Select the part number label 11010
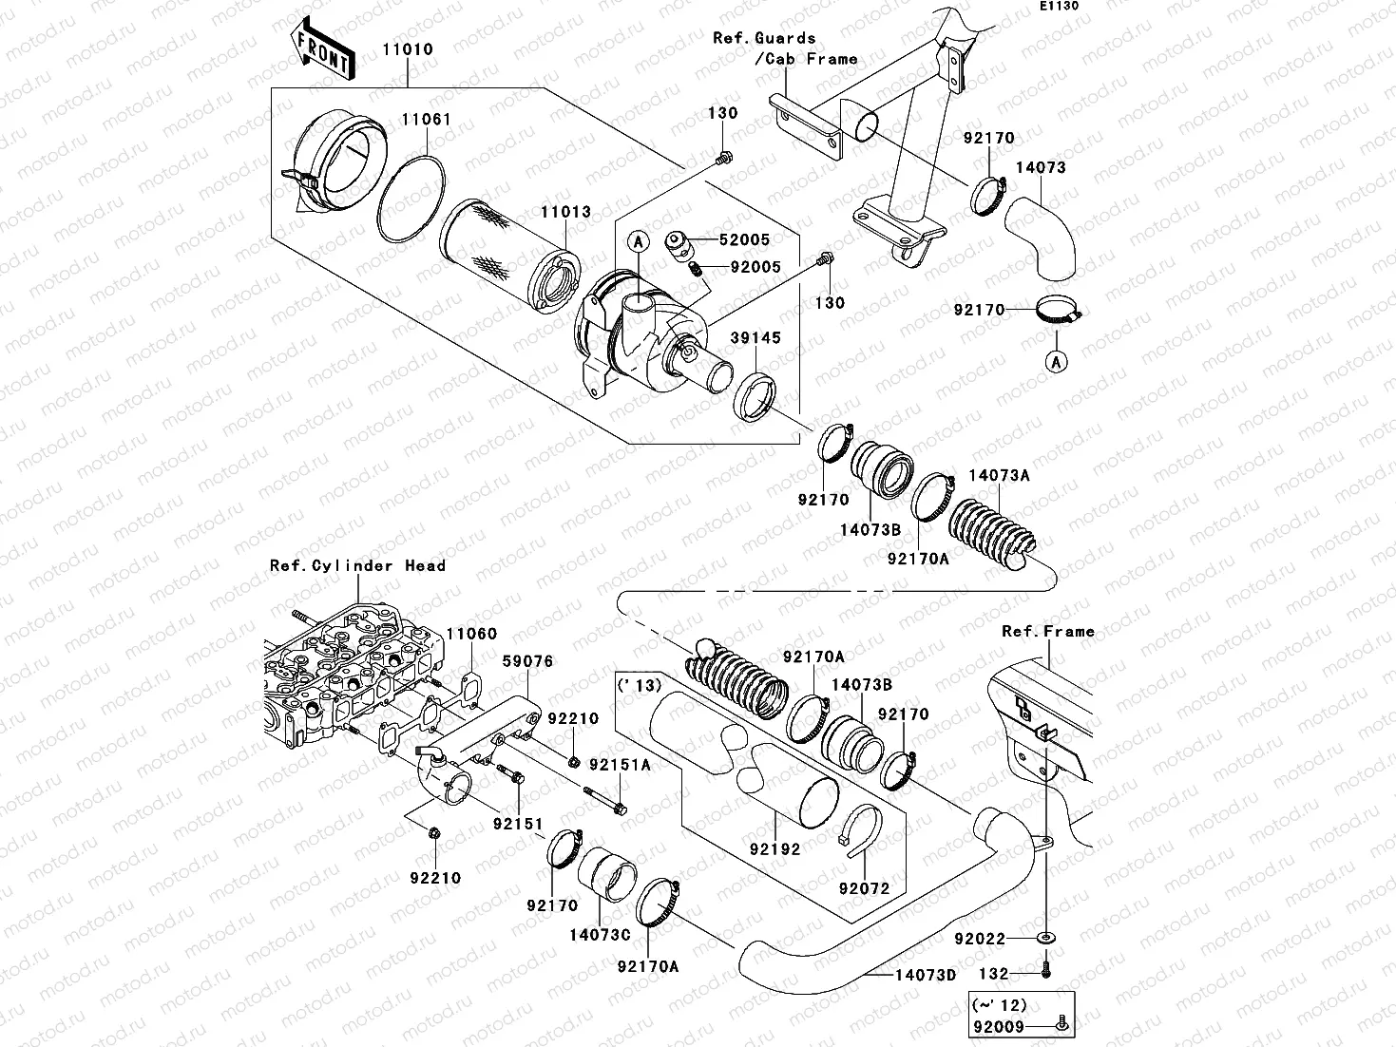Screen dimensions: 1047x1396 [x=409, y=49]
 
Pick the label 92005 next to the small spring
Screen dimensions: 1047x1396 [x=755, y=267]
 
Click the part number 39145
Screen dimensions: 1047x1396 [x=755, y=337]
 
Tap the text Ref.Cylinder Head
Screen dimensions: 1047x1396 [x=357, y=565]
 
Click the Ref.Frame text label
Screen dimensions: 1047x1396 [x=1048, y=631]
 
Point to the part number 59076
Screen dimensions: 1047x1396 [x=527, y=661]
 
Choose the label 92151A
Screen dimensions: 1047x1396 [x=620, y=764]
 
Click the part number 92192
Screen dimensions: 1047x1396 [x=774, y=849]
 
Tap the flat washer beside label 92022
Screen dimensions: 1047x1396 [x=1044, y=939]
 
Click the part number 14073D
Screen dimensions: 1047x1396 [x=924, y=974]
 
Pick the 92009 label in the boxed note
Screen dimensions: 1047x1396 [x=999, y=1026]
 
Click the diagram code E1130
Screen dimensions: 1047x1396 [x=1058, y=6]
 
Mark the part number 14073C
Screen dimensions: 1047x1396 [x=600, y=935]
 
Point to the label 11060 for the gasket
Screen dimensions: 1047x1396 [x=471, y=634]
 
